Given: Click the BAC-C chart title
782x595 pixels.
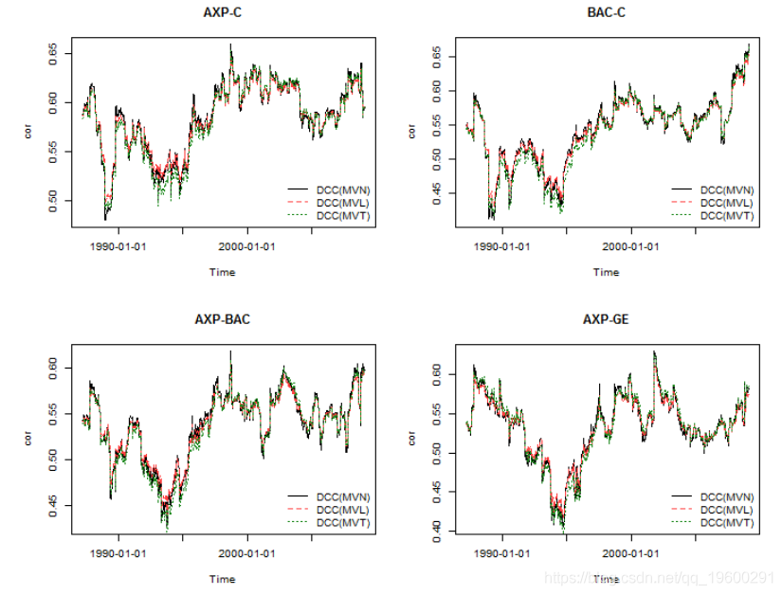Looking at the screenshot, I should [x=606, y=12].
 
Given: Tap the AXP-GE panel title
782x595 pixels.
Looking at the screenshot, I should [x=606, y=319].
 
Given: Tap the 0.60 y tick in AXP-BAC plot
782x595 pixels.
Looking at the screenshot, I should [x=54, y=367].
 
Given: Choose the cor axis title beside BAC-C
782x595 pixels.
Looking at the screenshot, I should [x=412, y=132].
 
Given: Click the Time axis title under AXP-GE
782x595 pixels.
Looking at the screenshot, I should [x=606, y=579].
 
